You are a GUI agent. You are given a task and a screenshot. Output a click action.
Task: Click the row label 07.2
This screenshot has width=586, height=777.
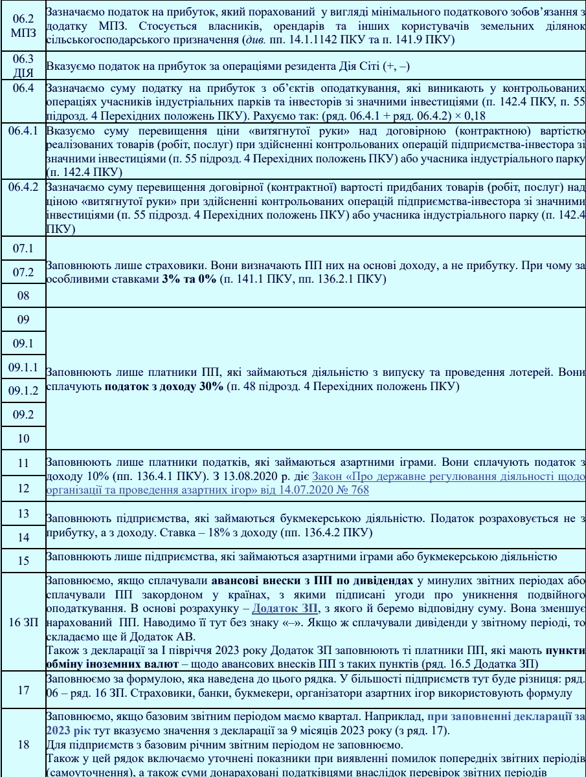[23, 272]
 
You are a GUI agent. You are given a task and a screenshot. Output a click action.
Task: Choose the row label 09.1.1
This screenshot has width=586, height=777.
[23, 367]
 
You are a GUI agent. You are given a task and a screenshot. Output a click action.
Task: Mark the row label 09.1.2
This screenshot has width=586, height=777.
[23, 391]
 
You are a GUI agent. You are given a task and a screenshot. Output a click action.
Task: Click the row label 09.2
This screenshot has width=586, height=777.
[23, 415]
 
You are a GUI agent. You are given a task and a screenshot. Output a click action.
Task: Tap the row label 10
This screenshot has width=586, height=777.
[23, 439]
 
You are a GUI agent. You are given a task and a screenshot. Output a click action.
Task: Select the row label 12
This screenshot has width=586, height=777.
[23, 488]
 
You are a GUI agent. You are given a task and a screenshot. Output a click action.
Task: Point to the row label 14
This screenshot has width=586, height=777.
[23, 537]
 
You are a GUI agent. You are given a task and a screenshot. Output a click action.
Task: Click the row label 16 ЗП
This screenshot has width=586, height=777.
[23, 626]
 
